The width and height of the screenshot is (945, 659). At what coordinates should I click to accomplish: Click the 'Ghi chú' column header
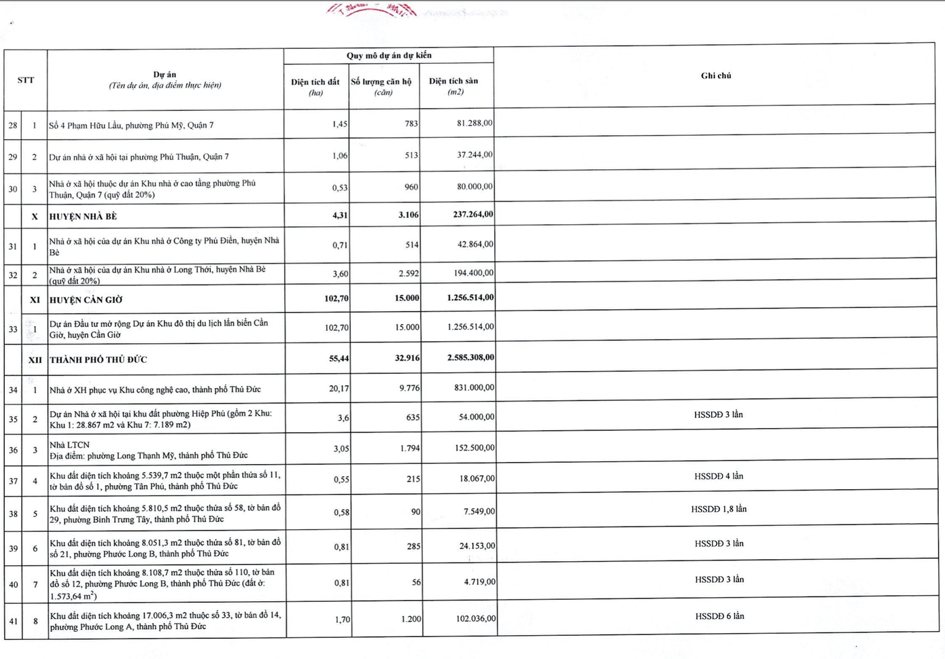pos(716,75)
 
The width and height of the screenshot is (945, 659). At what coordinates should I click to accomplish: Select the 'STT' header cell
pos(26,80)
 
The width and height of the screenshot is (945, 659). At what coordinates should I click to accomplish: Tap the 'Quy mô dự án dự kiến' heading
pos(389,56)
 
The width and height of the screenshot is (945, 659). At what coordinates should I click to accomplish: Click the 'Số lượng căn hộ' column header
pos(381,86)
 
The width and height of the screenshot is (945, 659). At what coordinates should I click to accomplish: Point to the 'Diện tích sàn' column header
pos(453,86)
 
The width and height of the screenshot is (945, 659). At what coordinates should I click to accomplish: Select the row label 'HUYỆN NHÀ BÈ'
pos(83,217)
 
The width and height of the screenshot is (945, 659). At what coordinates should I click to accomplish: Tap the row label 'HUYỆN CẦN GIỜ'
pos(86,300)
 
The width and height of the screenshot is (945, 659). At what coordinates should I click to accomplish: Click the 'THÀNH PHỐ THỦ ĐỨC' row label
pos(98,359)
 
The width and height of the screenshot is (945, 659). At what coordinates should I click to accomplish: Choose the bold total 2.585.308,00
pos(470,357)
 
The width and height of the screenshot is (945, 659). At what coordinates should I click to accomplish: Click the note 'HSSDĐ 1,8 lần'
pos(719,509)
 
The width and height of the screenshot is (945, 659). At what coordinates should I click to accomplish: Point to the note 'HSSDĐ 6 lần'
pos(719,616)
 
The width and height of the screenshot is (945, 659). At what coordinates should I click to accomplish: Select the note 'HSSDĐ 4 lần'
pos(719,476)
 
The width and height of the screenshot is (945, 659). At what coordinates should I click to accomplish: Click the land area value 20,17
pos(339,389)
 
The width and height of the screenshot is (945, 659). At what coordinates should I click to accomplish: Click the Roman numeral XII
pos(35,360)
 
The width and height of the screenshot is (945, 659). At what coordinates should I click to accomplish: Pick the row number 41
pos(13,621)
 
